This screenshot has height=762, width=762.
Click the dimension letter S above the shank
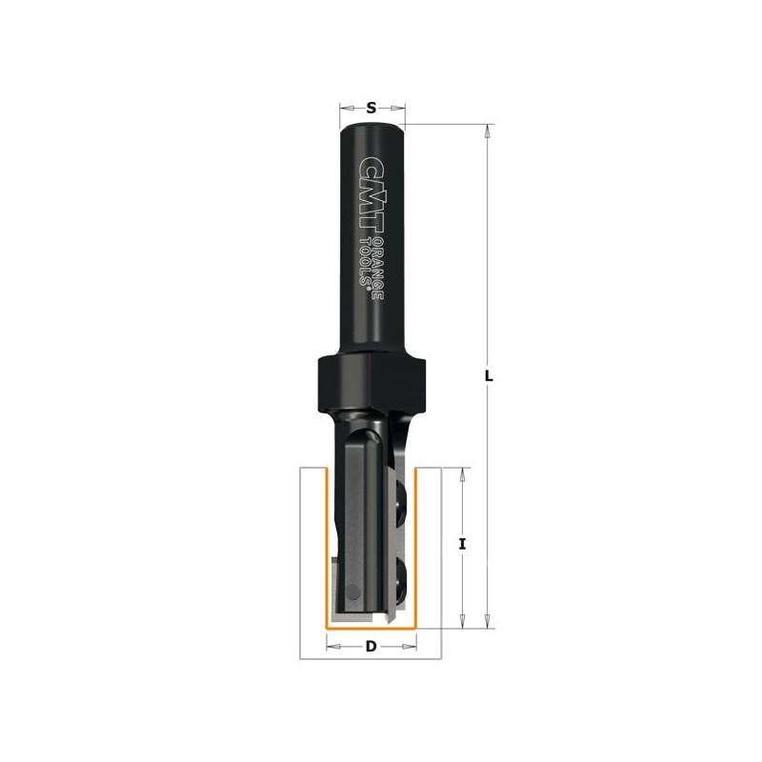click(371, 108)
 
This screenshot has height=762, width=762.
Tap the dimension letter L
click(490, 375)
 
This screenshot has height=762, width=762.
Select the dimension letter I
click(463, 545)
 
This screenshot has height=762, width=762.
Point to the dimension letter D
click(371, 647)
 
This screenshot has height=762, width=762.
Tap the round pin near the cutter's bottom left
click(353, 592)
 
